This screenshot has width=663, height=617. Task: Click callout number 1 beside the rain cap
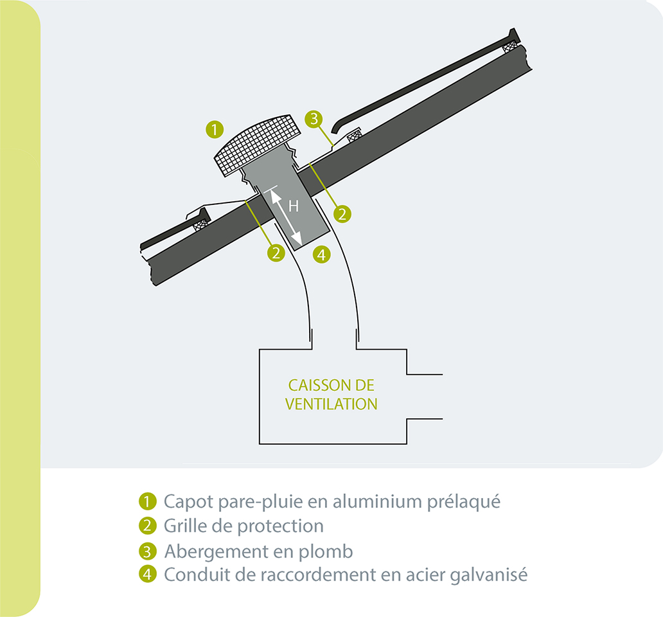[x=215, y=129]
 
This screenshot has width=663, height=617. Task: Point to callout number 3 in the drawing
[x=314, y=119]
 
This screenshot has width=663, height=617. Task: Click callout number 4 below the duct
[x=322, y=255]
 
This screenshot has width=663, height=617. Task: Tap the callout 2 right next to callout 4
[x=276, y=253]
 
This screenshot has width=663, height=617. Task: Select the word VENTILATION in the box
[x=331, y=404]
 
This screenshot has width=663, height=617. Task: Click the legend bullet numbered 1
[x=148, y=501]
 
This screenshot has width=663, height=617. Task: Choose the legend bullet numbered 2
[x=148, y=526]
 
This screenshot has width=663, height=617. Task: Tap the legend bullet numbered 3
[x=148, y=551]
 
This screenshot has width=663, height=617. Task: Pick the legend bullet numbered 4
[x=148, y=575]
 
